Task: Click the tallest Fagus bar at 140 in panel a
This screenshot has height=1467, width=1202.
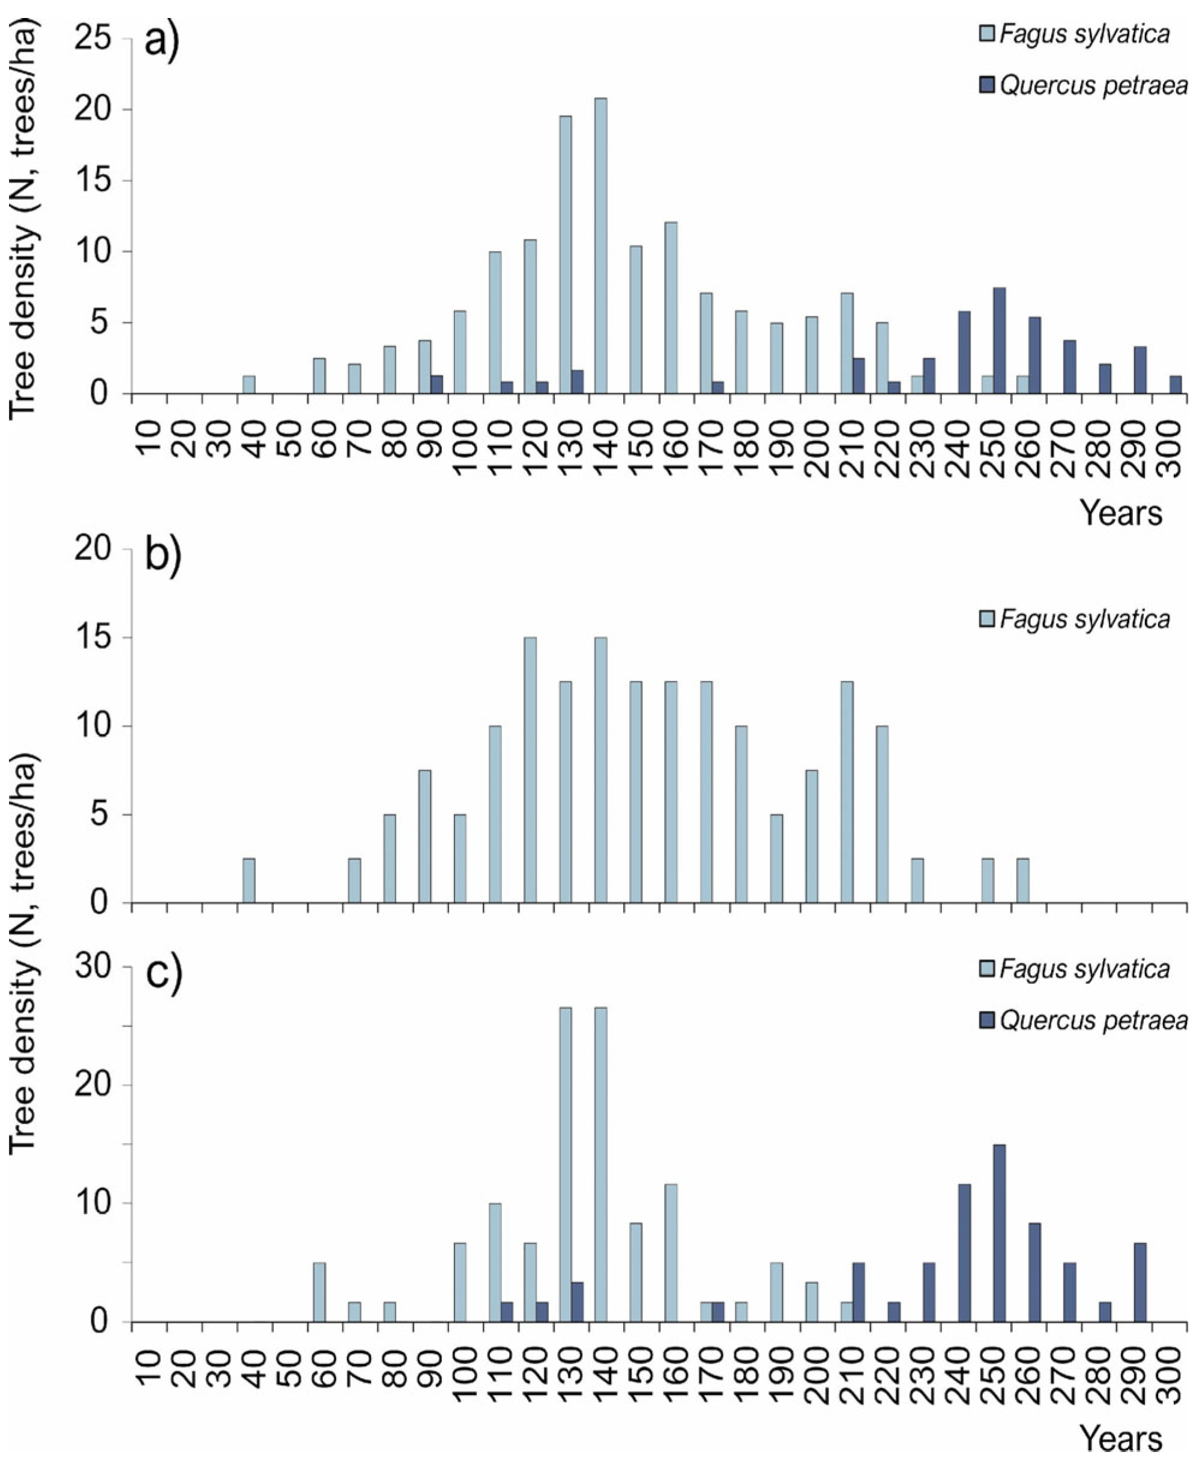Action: tap(600, 246)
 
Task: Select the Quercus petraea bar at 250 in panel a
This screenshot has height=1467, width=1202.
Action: tap(999, 340)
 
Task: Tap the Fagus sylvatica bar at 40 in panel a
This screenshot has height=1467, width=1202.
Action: tap(249, 385)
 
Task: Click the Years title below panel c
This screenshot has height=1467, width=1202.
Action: tap(1121, 1439)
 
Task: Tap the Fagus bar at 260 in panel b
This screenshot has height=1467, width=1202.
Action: tap(1022, 881)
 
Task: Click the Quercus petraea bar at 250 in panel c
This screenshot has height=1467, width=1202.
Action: tap(999, 1233)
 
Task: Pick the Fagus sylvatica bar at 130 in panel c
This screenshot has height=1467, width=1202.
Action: tap(566, 1164)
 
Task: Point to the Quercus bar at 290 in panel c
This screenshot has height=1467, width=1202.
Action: tap(1140, 1282)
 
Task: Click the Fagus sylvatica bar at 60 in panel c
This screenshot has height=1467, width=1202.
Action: tap(319, 1292)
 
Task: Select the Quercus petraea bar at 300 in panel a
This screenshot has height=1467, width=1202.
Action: tap(1175, 385)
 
